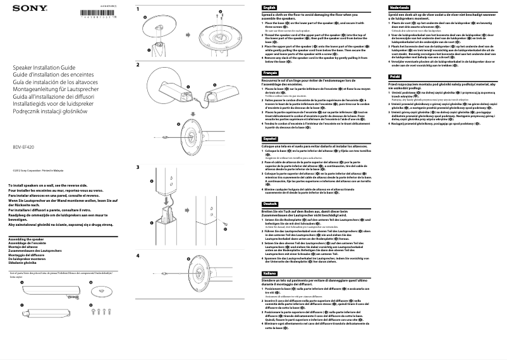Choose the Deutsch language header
tap(270, 204)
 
